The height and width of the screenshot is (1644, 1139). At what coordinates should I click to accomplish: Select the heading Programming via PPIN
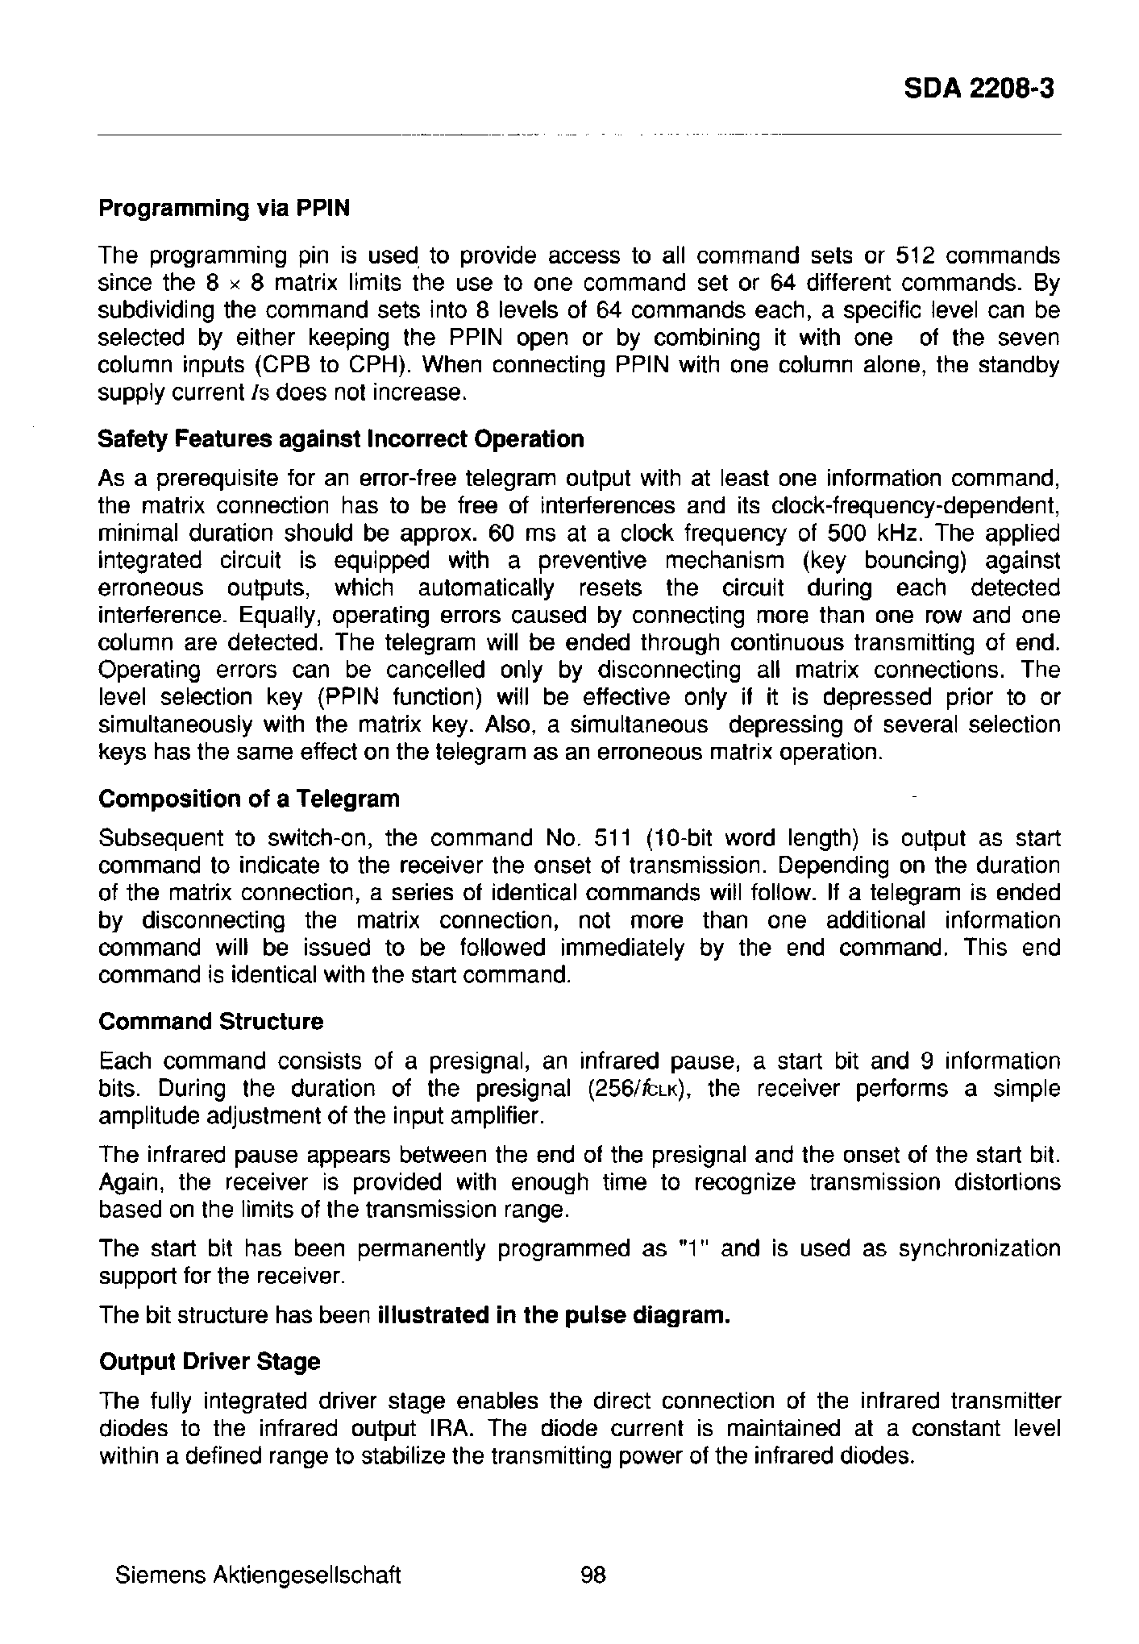pyautogui.click(x=224, y=208)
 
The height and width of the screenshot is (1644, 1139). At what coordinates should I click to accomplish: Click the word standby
pyautogui.click(x=1019, y=365)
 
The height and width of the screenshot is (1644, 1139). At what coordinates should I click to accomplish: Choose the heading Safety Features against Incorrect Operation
pyautogui.click(x=340, y=439)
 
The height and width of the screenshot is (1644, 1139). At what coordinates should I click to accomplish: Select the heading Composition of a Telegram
pyautogui.click(x=248, y=799)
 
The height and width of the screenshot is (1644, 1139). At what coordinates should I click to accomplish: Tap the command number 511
pyautogui.click(x=611, y=839)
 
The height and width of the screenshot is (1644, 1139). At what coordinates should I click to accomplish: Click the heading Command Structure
pyautogui.click(x=210, y=1022)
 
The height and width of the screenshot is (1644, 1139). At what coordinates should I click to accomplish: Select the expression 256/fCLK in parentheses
pyautogui.click(x=637, y=1090)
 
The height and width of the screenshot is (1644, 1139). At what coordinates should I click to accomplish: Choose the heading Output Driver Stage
pyautogui.click(x=209, y=1362)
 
